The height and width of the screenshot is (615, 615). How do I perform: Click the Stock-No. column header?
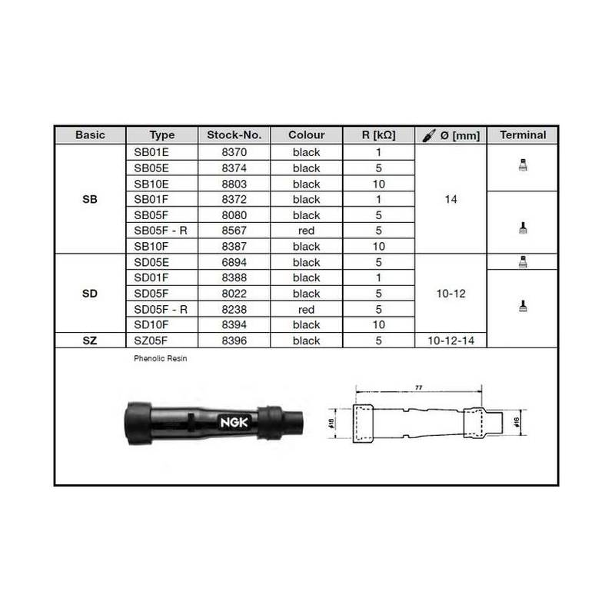[234, 135]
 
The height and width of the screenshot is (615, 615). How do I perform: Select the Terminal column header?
[523, 135]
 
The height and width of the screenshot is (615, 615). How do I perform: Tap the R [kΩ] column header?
[378, 135]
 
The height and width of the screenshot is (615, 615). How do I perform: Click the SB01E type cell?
[151, 152]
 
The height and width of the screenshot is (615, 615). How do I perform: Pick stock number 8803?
[234, 184]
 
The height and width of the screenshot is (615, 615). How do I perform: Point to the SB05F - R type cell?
[161, 231]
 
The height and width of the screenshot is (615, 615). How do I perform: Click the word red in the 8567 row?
[306, 231]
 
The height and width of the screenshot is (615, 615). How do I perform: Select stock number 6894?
[234, 262]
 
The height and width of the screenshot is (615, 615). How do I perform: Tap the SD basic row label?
[90, 294]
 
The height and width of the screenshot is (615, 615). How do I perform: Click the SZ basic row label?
[90, 341]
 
